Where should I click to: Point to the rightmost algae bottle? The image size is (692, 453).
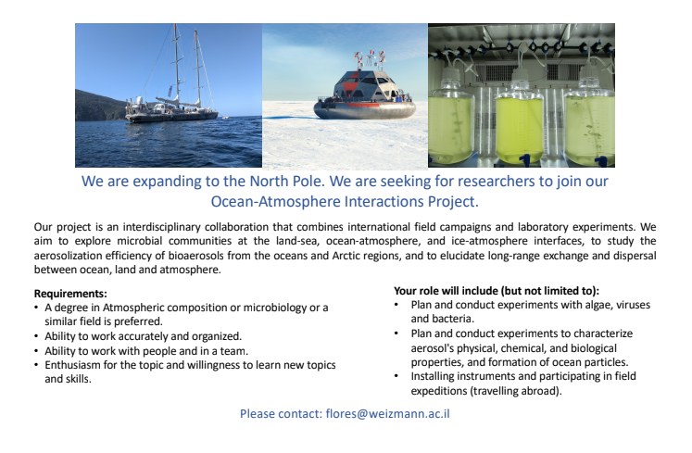tap(589, 125)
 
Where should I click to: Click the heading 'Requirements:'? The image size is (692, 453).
tap(69, 294)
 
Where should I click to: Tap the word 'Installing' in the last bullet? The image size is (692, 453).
tap(432, 376)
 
